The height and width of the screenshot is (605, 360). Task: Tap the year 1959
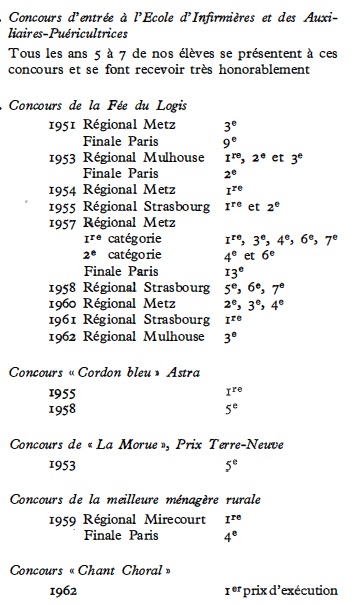coord(65,520)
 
